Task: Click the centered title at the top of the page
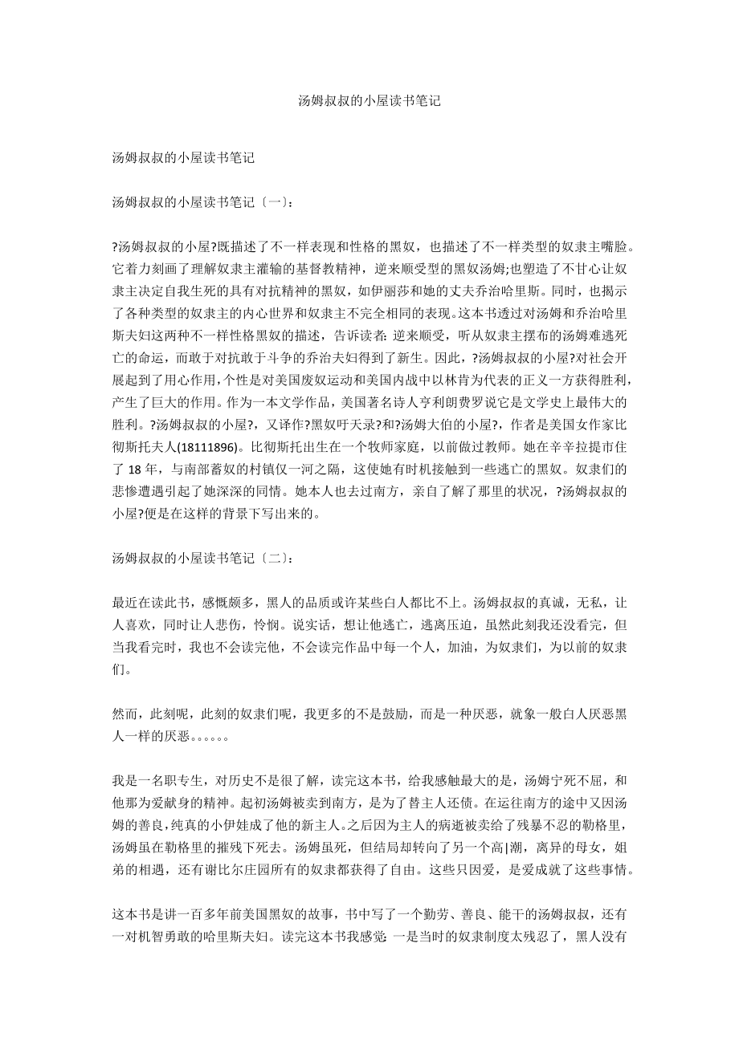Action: pyautogui.click(x=369, y=101)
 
